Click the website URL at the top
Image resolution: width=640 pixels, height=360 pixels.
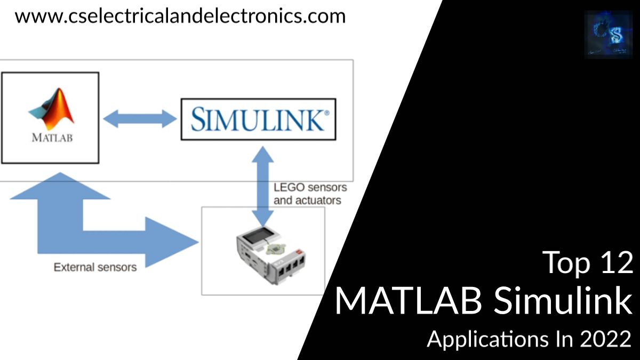point(180,16)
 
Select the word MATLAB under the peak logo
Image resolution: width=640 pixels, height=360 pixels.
point(51,137)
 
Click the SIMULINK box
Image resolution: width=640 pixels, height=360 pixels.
point(258,119)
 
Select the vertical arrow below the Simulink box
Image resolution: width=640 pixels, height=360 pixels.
point(262,187)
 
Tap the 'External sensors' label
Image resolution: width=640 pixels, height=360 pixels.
point(95,267)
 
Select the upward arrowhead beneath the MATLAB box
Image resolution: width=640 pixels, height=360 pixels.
point(60,187)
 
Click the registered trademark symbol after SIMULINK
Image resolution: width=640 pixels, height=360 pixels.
point(326,113)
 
